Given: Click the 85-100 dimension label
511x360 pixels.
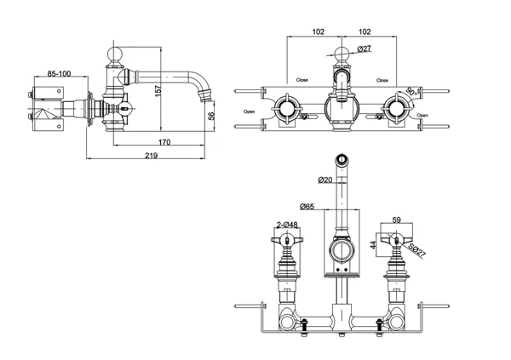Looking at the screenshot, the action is (59, 74).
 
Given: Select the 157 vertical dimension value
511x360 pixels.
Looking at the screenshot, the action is (158, 90).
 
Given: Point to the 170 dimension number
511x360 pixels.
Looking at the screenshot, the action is (164, 142).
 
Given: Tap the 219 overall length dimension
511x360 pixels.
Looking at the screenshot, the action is (152, 156).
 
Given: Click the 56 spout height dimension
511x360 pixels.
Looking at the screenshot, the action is (211, 116).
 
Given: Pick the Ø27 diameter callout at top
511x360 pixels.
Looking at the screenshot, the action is (364, 49).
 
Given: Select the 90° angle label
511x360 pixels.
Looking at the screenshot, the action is (411, 91).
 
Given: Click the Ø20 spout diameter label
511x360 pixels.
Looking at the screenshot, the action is (325, 180).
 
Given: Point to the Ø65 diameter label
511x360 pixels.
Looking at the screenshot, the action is (307, 206).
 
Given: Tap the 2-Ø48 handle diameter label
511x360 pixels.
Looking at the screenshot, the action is (287, 225).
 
